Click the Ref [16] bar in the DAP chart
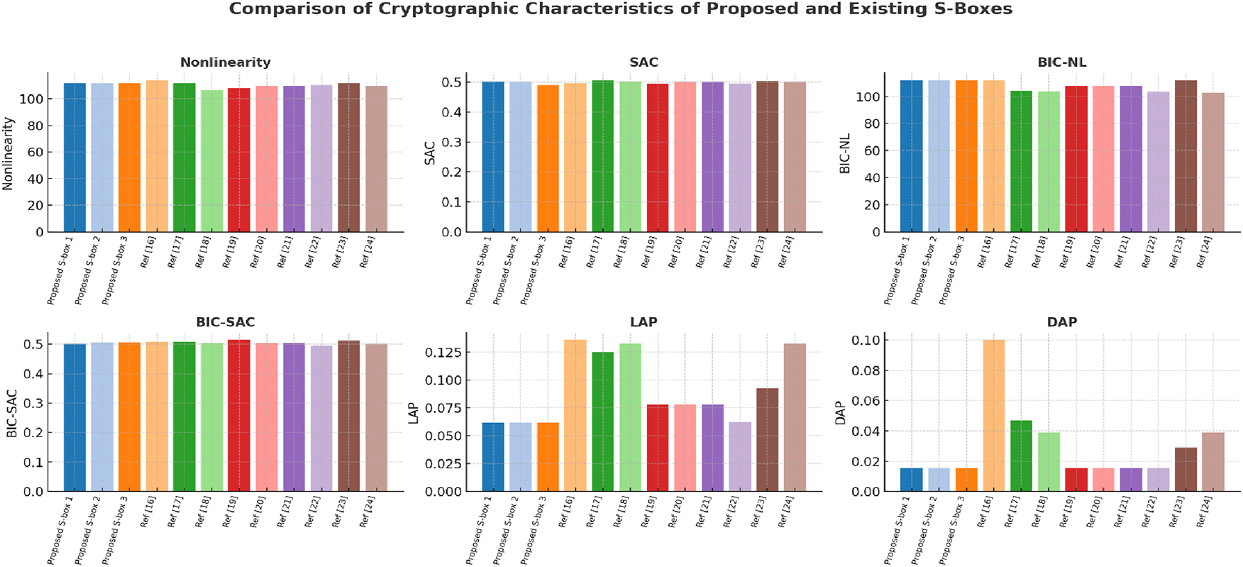coord(993,415)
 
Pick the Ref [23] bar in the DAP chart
coord(1186,469)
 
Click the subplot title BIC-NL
coord(1061,62)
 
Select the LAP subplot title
coord(643,322)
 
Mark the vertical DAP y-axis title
coord(841,412)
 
